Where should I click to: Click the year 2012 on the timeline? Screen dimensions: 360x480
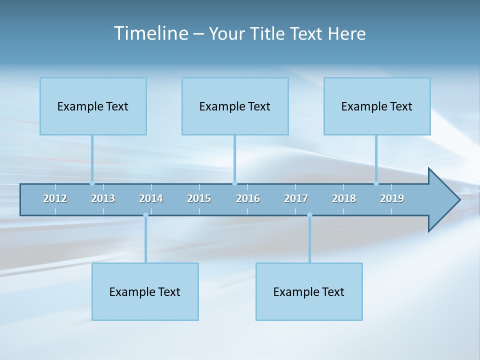tap(55, 198)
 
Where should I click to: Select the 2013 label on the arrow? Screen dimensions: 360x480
tap(103, 198)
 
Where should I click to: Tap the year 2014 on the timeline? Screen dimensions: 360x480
tap(151, 198)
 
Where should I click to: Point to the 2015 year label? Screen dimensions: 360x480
tap(199, 198)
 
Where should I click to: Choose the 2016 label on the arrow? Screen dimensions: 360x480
tap(248, 198)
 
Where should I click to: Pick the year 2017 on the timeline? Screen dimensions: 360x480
tap(296, 198)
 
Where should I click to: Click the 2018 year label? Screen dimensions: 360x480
tap(344, 198)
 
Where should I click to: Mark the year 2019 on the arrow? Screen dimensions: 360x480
tap(392, 198)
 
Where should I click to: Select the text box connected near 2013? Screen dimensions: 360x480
tap(93, 106)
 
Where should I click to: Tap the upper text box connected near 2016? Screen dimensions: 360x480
tap(235, 106)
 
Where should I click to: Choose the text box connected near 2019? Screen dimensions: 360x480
tap(377, 106)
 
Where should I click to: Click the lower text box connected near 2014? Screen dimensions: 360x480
tap(145, 291)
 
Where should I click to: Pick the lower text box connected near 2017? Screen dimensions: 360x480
tap(309, 291)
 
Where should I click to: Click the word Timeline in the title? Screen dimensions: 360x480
tap(150, 33)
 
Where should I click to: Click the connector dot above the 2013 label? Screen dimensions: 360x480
tap(92, 183)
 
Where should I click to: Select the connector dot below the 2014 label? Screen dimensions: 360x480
tap(145, 215)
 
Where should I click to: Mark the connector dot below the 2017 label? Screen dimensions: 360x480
tap(309, 215)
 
